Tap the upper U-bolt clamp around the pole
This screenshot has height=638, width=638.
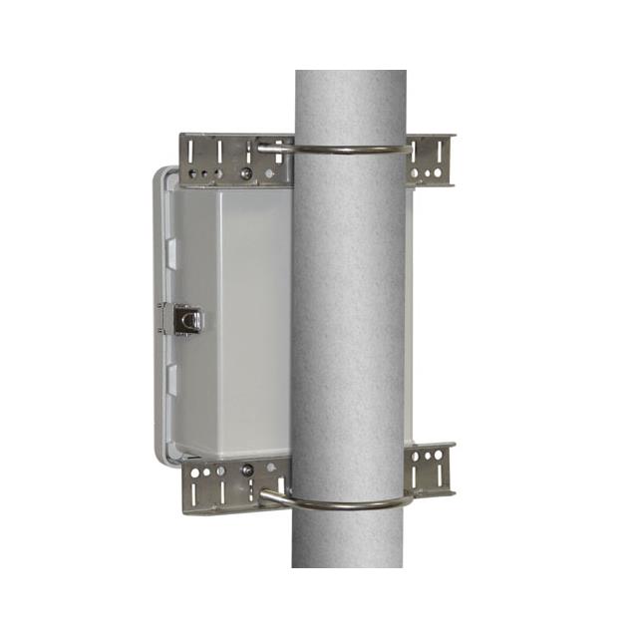coord(349,151)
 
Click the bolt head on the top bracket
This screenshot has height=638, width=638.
coord(245,173)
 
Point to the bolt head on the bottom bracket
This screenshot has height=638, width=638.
coord(247,470)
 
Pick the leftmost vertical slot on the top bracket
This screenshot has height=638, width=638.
coord(190,153)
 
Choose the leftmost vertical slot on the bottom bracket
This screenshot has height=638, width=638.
coord(192,492)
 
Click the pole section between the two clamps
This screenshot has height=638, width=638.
coord(349,319)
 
